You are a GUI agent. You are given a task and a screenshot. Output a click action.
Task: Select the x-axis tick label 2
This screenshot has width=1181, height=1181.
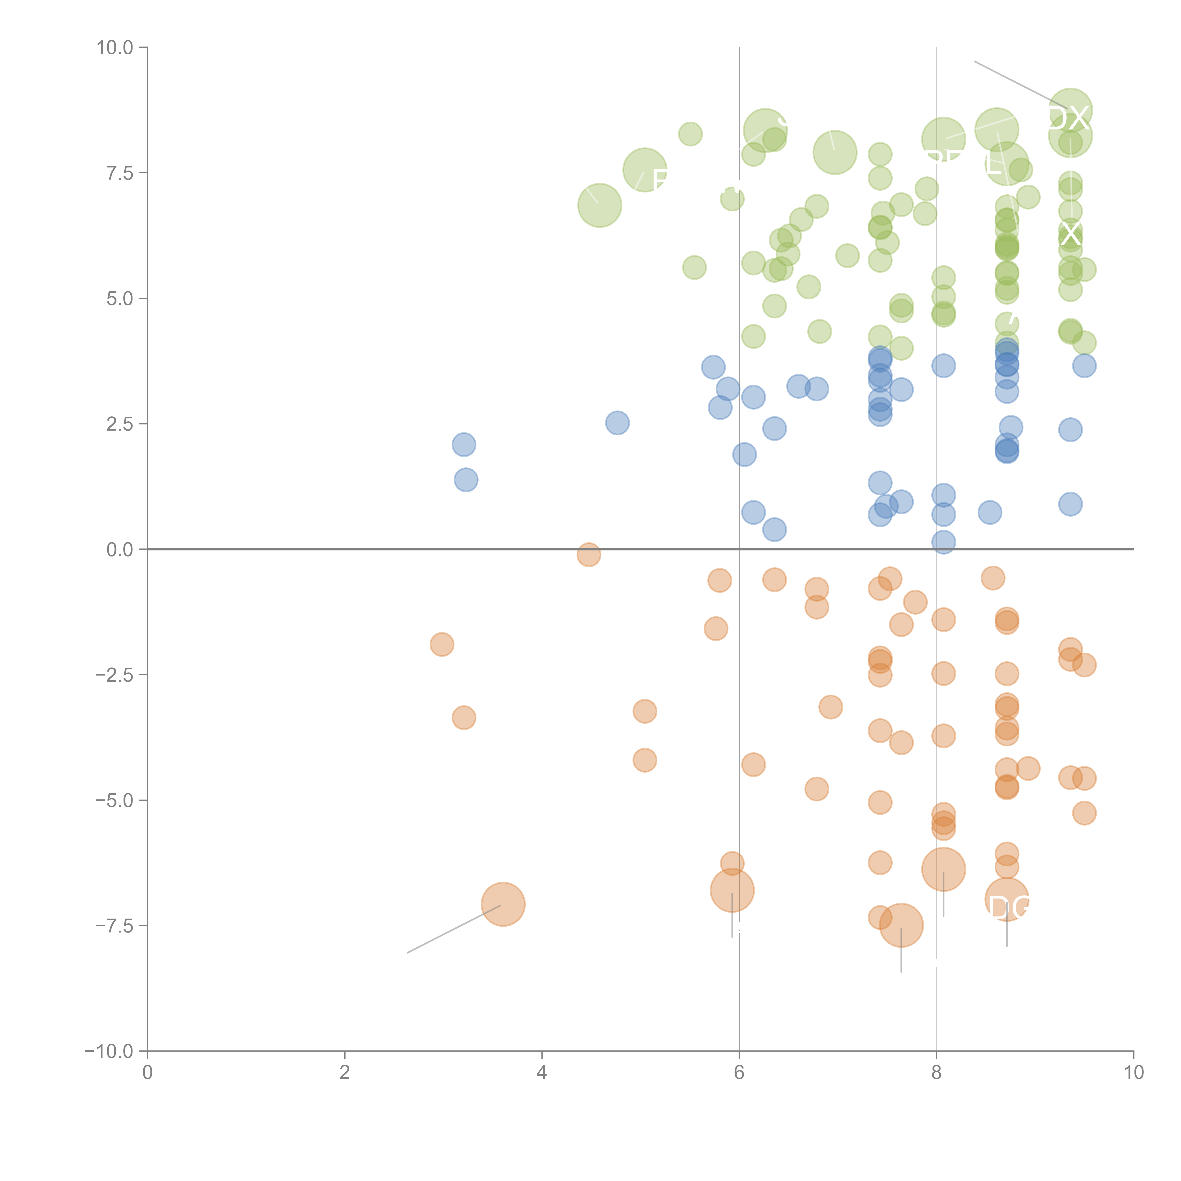[345, 1073]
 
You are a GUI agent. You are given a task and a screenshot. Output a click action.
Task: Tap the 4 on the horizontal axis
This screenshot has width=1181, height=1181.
[542, 1073]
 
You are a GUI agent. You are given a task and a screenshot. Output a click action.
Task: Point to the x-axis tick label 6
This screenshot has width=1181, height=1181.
[739, 1073]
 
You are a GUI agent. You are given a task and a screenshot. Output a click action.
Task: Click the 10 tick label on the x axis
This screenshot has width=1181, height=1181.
[1133, 1073]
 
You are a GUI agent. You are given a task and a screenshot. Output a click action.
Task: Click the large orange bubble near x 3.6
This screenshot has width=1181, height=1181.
[503, 904]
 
